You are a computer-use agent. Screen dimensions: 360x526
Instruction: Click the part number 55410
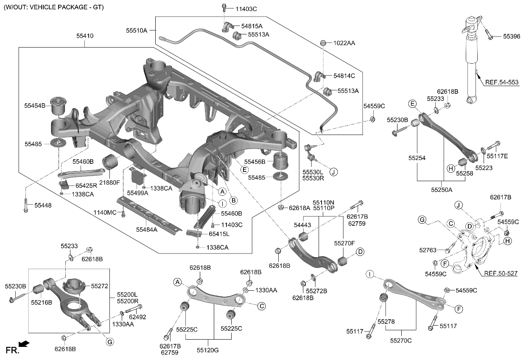coord(84,37)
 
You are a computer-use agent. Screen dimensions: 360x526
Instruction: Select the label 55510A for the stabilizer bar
coord(136,31)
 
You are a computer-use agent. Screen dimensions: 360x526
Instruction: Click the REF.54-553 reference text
coord(502,82)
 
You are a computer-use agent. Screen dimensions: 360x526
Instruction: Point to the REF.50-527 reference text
coord(501,273)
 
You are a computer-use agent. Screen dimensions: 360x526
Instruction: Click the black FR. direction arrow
coord(25,344)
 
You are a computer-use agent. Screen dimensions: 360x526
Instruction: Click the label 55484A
coord(146,229)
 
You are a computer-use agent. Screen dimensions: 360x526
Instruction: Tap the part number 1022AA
coord(344,43)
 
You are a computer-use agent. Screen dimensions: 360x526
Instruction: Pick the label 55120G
coord(207,350)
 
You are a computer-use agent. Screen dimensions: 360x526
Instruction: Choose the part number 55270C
coord(401,340)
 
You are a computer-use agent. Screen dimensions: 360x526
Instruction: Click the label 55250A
coord(442,189)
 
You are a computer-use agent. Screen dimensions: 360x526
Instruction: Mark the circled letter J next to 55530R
coord(333,172)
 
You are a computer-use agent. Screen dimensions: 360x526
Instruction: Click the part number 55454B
coord(35,105)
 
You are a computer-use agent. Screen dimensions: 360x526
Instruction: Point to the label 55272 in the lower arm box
coord(100,287)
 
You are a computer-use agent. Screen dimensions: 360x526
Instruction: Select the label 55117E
coord(497,156)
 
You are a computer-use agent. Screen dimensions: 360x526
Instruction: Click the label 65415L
coord(218,234)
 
